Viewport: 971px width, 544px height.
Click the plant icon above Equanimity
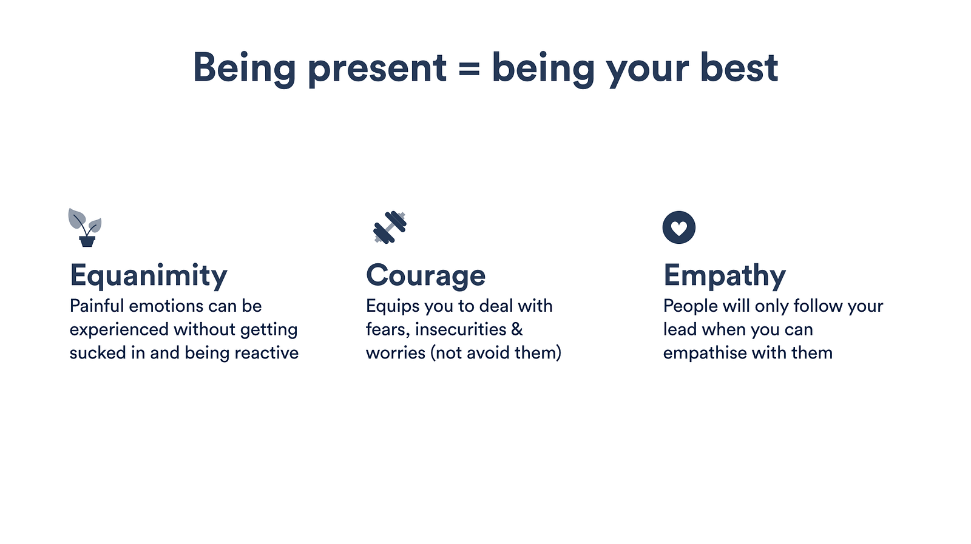[85, 227]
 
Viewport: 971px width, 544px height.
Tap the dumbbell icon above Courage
[390, 227]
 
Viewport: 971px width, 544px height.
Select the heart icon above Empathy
[679, 227]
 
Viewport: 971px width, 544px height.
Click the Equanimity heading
[148, 276]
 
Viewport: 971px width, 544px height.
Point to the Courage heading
[425, 276]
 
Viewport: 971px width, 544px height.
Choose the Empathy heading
[725, 276]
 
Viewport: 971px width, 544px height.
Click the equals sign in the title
[469, 69]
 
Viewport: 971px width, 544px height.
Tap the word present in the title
[377, 69]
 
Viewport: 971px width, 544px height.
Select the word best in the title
[739, 67]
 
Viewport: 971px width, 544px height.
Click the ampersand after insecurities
[516, 329]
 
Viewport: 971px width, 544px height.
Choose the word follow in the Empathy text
[817, 306]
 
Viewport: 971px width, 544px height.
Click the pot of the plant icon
[87, 241]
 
